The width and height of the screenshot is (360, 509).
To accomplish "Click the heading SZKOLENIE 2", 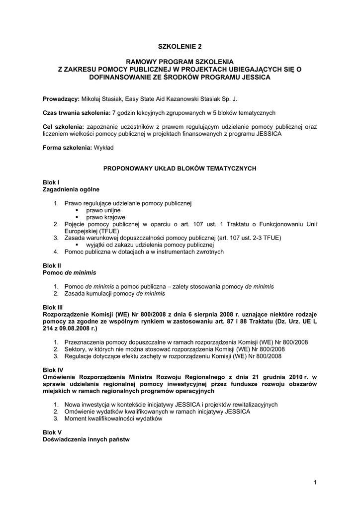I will point(180,47).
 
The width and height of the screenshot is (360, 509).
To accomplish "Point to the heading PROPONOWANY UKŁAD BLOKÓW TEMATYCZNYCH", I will point(180,169).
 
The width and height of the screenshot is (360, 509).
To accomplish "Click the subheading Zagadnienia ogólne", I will point(71,189).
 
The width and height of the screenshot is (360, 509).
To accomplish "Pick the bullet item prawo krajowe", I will point(105,217).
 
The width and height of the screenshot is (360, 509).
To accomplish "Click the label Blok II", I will point(52,266).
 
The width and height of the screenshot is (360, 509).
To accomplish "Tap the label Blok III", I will point(53,308).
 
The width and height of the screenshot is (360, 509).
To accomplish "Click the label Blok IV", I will point(53,370).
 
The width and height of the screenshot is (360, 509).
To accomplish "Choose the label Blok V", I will point(52,433).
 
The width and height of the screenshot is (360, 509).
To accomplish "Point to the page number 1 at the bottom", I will point(315,482).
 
